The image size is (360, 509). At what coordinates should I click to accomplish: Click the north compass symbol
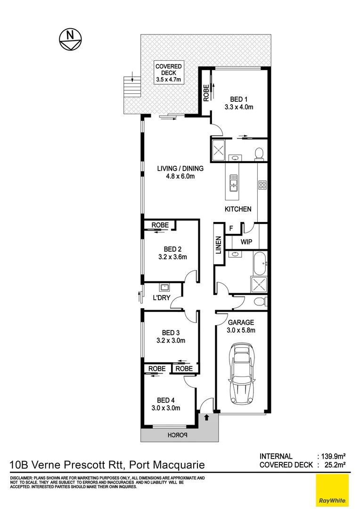[x=70, y=39]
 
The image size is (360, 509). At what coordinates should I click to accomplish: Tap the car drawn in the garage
[x=242, y=374]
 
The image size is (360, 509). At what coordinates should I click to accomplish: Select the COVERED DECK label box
[x=169, y=73]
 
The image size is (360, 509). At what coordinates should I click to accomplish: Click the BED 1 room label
[x=239, y=99]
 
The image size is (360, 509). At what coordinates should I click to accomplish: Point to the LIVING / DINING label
[x=180, y=169]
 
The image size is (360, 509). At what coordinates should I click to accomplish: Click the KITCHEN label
[x=238, y=209]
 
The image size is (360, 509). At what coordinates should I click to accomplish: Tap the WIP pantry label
[x=246, y=242]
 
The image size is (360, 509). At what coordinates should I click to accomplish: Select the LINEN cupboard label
[x=219, y=245]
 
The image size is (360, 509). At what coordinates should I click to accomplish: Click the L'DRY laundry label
[x=161, y=298]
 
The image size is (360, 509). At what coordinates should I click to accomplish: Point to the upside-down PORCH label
[x=179, y=435]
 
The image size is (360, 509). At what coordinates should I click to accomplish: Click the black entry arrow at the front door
[x=206, y=417]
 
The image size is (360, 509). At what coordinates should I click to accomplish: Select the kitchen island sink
[x=233, y=182]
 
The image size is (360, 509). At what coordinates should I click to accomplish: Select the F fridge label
[x=231, y=229]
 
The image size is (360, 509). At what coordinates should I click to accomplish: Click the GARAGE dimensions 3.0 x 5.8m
[x=241, y=330]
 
